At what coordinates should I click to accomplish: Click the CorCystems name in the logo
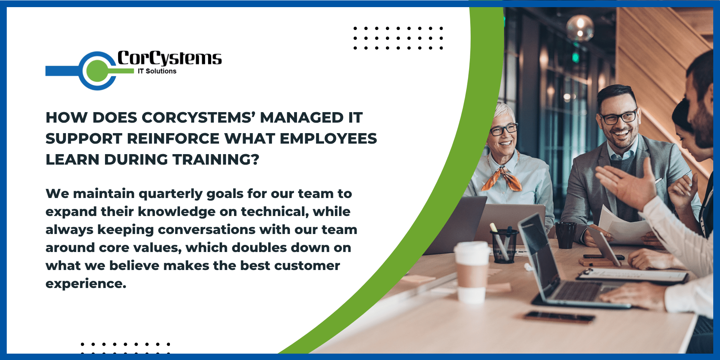tap(169, 58)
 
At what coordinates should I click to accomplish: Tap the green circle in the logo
tap(97, 70)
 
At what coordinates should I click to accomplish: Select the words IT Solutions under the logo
tap(157, 71)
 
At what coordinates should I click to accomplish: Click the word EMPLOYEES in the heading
tap(328, 139)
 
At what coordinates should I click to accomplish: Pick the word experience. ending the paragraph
tap(86, 284)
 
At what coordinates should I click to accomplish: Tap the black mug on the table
tap(565, 235)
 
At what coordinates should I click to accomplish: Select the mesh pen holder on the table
tap(504, 246)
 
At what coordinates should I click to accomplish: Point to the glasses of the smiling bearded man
tap(619, 117)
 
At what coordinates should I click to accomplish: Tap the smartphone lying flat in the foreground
tap(559, 317)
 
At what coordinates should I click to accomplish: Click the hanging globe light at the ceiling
tap(580, 27)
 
